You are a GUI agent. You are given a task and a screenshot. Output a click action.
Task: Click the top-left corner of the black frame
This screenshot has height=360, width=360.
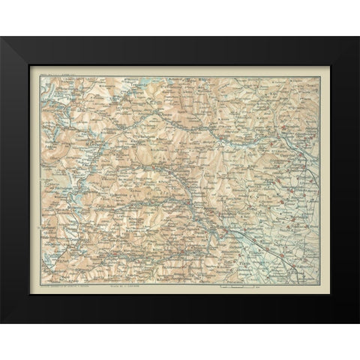1,37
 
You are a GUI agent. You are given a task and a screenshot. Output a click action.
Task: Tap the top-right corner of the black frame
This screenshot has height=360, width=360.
358,37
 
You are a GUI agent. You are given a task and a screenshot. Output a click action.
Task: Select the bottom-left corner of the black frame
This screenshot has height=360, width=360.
1,322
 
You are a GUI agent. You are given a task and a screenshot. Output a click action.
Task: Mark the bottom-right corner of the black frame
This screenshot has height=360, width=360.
358,322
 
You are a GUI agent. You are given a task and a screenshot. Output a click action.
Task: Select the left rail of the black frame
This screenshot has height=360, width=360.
15,180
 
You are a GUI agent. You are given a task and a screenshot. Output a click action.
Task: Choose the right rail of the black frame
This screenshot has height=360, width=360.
344,180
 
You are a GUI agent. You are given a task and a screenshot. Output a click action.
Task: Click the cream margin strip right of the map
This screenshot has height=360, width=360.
324,180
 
